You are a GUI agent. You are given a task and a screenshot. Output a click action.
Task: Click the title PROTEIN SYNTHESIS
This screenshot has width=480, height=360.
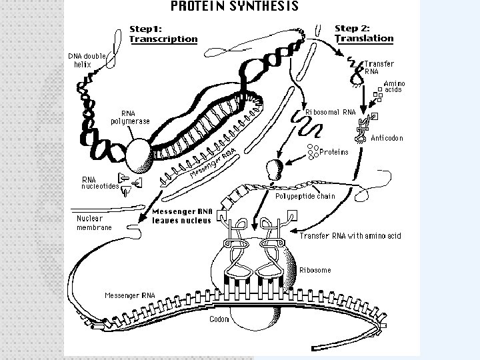point(235,7)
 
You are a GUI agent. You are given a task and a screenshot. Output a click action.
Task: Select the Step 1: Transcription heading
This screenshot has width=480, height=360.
point(163,34)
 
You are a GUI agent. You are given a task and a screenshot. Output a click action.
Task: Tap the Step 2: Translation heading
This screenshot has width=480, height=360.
point(363,33)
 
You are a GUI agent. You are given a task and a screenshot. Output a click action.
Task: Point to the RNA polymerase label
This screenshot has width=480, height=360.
point(130,117)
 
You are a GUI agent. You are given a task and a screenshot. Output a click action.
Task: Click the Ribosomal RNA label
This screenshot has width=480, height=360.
point(330,111)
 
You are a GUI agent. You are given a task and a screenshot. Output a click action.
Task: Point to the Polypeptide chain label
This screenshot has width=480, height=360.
point(305,196)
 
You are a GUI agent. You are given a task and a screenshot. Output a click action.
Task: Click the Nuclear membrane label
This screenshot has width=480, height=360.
point(94,223)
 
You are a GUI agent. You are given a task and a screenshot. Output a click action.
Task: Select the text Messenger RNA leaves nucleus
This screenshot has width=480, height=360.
point(182,216)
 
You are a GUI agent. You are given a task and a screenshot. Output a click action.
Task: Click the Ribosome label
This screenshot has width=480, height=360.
point(315,269)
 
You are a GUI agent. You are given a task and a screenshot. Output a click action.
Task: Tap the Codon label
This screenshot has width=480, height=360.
point(219,319)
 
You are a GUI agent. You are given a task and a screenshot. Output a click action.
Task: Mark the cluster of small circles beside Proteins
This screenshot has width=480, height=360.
point(311,150)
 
